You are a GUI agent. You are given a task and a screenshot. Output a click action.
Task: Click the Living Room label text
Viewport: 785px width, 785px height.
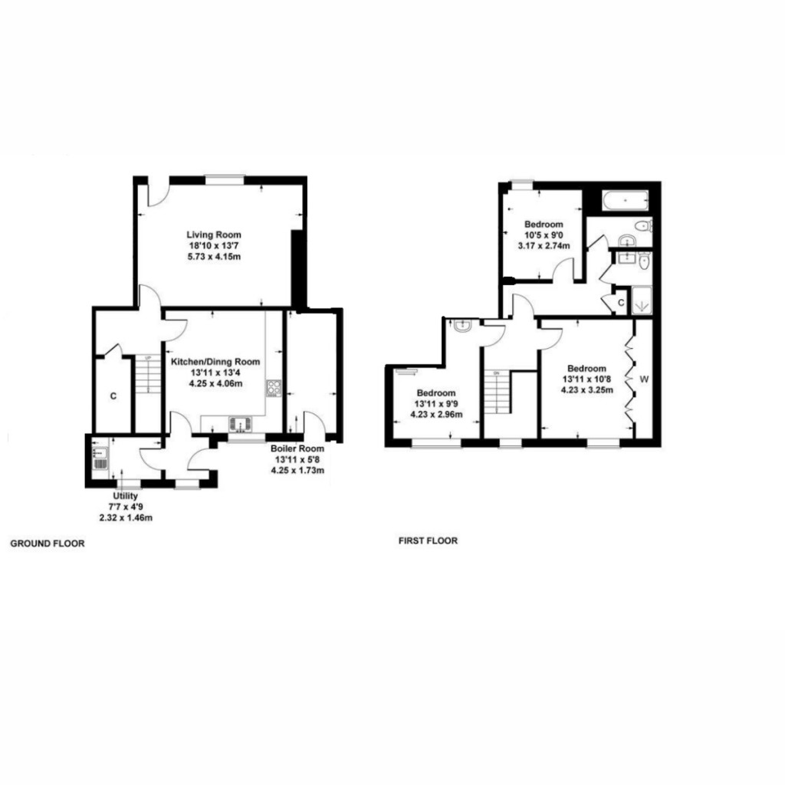tap(215, 235)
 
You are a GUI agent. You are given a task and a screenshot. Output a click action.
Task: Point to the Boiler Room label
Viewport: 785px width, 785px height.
tap(297, 448)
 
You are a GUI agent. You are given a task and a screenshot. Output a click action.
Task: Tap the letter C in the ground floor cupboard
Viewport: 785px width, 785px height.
tap(113, 396)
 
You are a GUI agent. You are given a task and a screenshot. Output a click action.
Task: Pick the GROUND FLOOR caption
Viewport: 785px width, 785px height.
tap(47, 544)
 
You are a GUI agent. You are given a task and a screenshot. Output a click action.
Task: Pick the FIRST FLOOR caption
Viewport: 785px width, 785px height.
tap(428, 540)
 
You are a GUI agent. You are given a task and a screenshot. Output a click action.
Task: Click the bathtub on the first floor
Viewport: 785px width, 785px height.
tap(625, 201)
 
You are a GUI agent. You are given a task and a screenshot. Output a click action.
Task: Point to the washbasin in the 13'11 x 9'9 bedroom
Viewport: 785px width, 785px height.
tap(462, 327)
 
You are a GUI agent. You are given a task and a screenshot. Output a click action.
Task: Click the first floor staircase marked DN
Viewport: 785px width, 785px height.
tap(502, 392)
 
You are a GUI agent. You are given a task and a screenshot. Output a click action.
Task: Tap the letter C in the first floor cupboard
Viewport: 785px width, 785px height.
tap(620, 304)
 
